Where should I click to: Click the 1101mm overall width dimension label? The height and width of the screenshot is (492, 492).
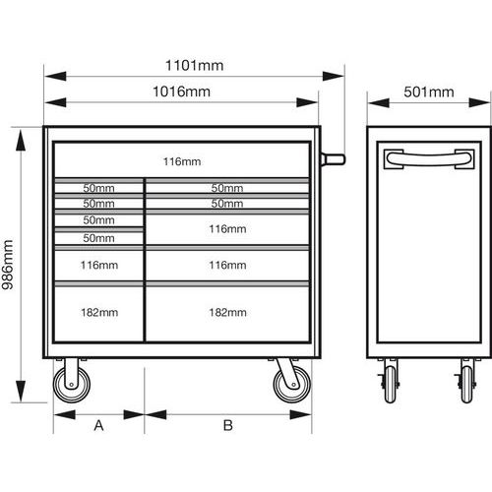195,65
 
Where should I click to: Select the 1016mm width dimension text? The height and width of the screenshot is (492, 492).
182,92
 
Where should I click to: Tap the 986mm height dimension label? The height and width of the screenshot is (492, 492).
7,265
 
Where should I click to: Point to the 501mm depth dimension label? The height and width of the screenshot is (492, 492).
429,92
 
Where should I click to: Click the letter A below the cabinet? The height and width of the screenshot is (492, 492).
98,425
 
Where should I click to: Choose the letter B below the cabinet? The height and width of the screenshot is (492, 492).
228,425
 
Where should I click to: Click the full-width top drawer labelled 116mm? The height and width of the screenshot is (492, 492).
182,159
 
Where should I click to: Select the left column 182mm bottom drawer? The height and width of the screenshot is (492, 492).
98,314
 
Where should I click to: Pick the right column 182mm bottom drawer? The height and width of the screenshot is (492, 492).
227,314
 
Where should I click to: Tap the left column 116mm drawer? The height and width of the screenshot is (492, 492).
98,265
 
